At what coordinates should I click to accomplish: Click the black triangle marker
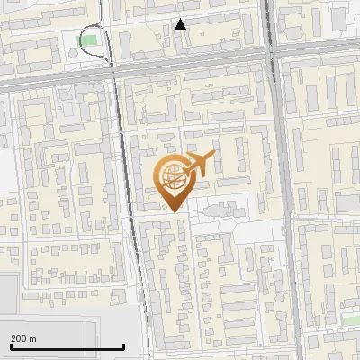pos(181,24)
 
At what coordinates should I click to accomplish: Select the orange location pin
pos(173,181)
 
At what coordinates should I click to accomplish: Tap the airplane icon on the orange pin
pos(199,164)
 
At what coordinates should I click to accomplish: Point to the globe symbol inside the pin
pos(173,177)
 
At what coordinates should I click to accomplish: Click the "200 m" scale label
pos(23,338)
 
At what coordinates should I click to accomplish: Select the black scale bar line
pos(67,346)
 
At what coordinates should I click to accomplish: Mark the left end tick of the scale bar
pos(11,344)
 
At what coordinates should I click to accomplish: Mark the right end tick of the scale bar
pos(123,344)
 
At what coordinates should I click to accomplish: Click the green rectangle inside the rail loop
pos(86,40)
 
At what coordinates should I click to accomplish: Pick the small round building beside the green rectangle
pos(72,53)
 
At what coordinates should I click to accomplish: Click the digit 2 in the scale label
pos(13,338)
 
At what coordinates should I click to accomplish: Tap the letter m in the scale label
pos(33,338)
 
